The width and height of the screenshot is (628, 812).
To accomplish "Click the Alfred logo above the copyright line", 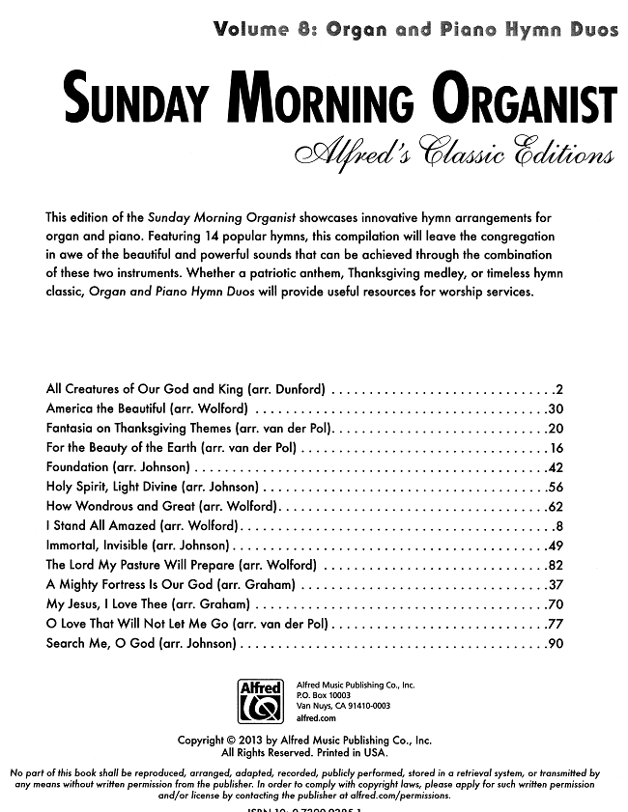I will point(260,701).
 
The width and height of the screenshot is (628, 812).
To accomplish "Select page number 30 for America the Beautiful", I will point(556,409).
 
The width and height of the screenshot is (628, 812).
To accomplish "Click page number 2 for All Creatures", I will point(559,390).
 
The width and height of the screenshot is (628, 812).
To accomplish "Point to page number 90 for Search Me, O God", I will point(556,644).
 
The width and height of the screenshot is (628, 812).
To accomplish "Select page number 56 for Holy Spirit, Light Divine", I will point(556,488).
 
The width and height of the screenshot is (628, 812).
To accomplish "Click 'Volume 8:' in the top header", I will point(267,29).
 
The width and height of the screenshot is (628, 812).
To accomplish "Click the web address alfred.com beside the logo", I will point(316,718).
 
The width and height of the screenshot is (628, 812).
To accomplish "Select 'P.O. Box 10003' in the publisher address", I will point(324,695).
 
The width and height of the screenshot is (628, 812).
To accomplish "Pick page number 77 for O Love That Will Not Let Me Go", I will point(556,625).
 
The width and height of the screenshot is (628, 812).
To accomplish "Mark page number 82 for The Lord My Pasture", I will point(556,566).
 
